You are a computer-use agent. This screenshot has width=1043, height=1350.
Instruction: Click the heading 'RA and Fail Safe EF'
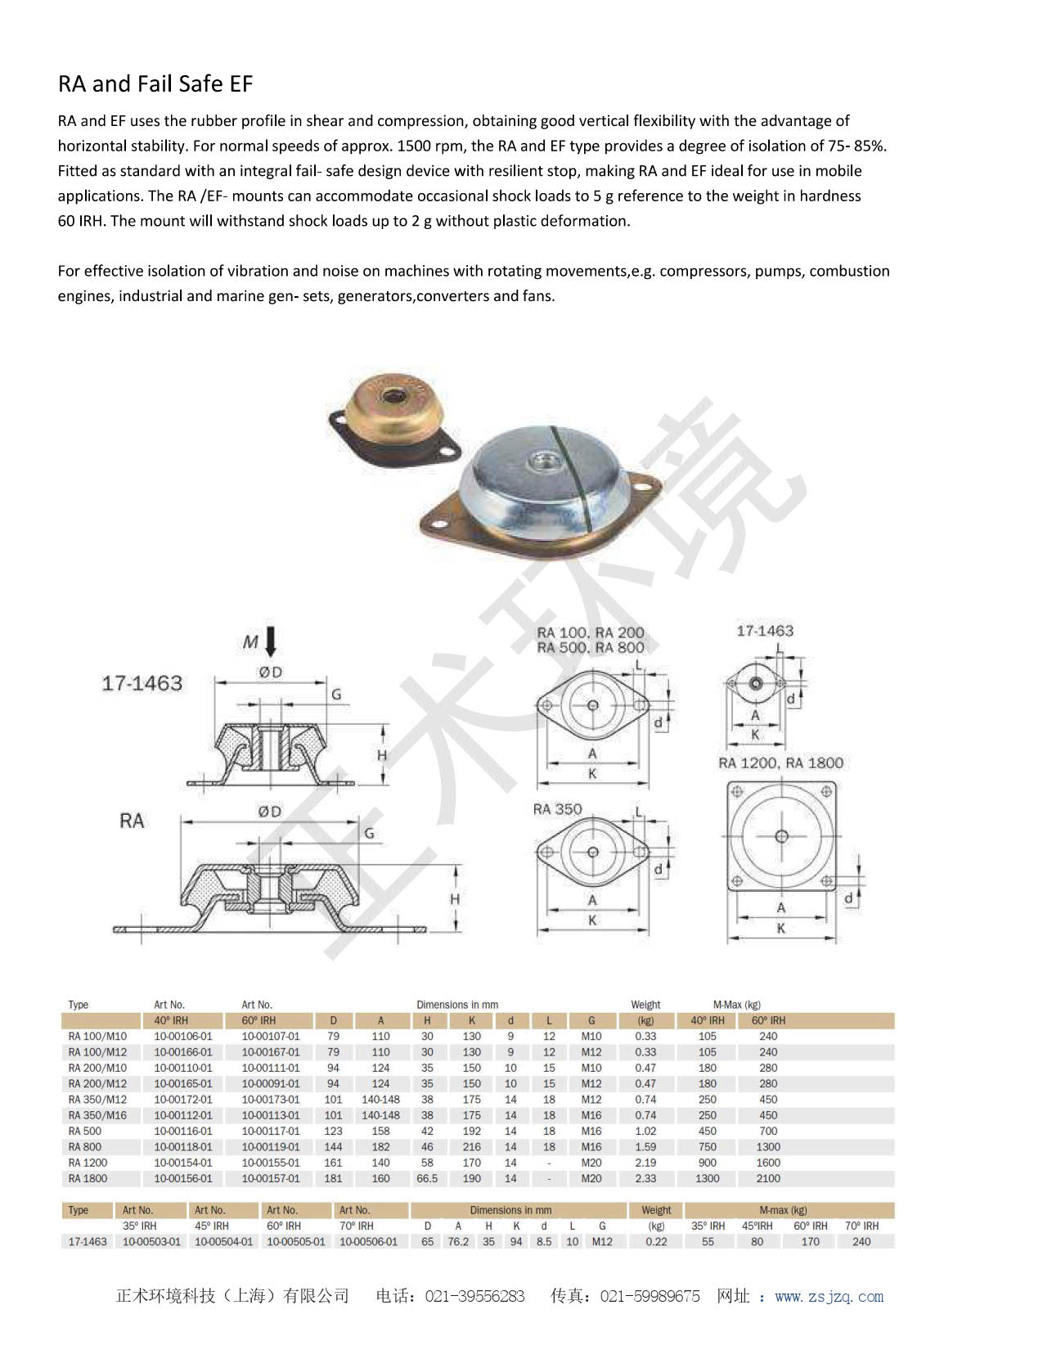pyautogui.click(x=155, y=83)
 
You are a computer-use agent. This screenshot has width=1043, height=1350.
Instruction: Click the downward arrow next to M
pyautogui.click(x=271, y=641)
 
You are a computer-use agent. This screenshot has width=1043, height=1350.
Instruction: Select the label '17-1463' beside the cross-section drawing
pyautogui.click(x=142, y=683)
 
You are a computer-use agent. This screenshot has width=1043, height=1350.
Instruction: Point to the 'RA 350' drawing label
pyautogui.click(x=557, y=809)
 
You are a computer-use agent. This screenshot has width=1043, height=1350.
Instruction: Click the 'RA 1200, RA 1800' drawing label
pyautogui.click(x=780, y=763)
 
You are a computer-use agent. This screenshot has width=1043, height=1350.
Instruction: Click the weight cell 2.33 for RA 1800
pyautogui.click(x=645, y=1178)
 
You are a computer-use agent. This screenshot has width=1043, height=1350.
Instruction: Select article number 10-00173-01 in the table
pyautogui.click(x=271, y=1099)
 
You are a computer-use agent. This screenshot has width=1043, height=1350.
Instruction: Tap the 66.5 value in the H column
pyautogui.click(x=427, y=1178)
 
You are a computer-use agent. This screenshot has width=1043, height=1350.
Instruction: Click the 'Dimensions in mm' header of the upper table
pyautogui.click(x=456, y=1005)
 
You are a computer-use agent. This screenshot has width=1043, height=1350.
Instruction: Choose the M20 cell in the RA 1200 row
pyautogui.click(x=591, y=1163)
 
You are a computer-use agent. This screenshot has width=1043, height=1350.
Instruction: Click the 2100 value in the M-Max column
pyautogui.click(x=768, y=1178)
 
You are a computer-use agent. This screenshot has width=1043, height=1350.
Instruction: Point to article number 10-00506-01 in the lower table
pyautogui.click(x=368, y=1241)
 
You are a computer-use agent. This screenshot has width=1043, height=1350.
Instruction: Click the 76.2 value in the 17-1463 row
pyautogui.click(x=458, y=1241)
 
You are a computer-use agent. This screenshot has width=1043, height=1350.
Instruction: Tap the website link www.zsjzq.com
pyautogui.click(x=829, y=1296)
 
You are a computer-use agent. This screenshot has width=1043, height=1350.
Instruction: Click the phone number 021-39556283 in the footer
pyautogui.click(x=474, y=1296)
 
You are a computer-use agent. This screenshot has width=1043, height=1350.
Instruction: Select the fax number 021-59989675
pyautogui.click(x=650, y=1296)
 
